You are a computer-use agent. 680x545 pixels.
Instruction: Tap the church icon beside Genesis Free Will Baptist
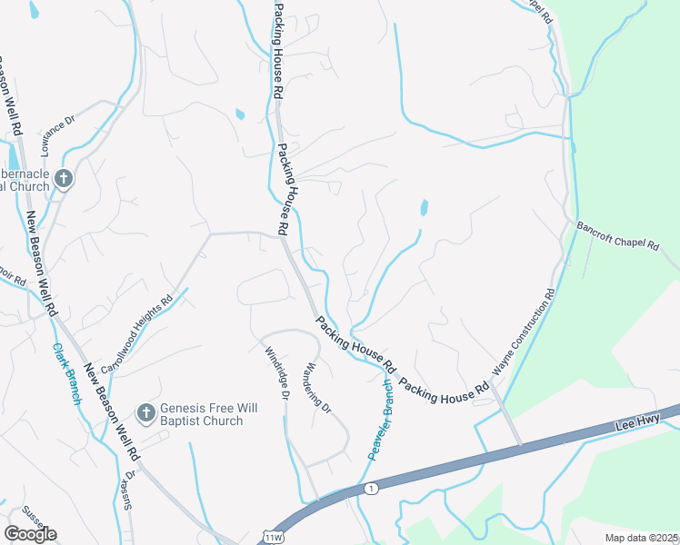pyautogui.click(x=145, y=414)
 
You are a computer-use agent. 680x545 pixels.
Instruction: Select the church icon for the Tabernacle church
pyautogui.click(x=63, y=179)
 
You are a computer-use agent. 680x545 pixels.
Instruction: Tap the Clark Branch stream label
pyautogui.click(x=67, y=373)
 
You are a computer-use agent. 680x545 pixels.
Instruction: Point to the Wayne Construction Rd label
pyautogui.click(x=524, y=333)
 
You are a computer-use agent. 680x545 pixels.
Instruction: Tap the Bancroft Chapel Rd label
pyautogui.click(x=626, y=243)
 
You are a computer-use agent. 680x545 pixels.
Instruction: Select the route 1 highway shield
pyautogui.click(x=371, y=489)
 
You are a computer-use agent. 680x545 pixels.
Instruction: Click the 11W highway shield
pyautogui.click(x=271, y=538)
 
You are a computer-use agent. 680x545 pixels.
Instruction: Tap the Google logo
pyautogui.click(x=30, y=534)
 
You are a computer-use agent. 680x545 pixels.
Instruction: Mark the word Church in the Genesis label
pyautogui.click(x=223, y=421)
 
